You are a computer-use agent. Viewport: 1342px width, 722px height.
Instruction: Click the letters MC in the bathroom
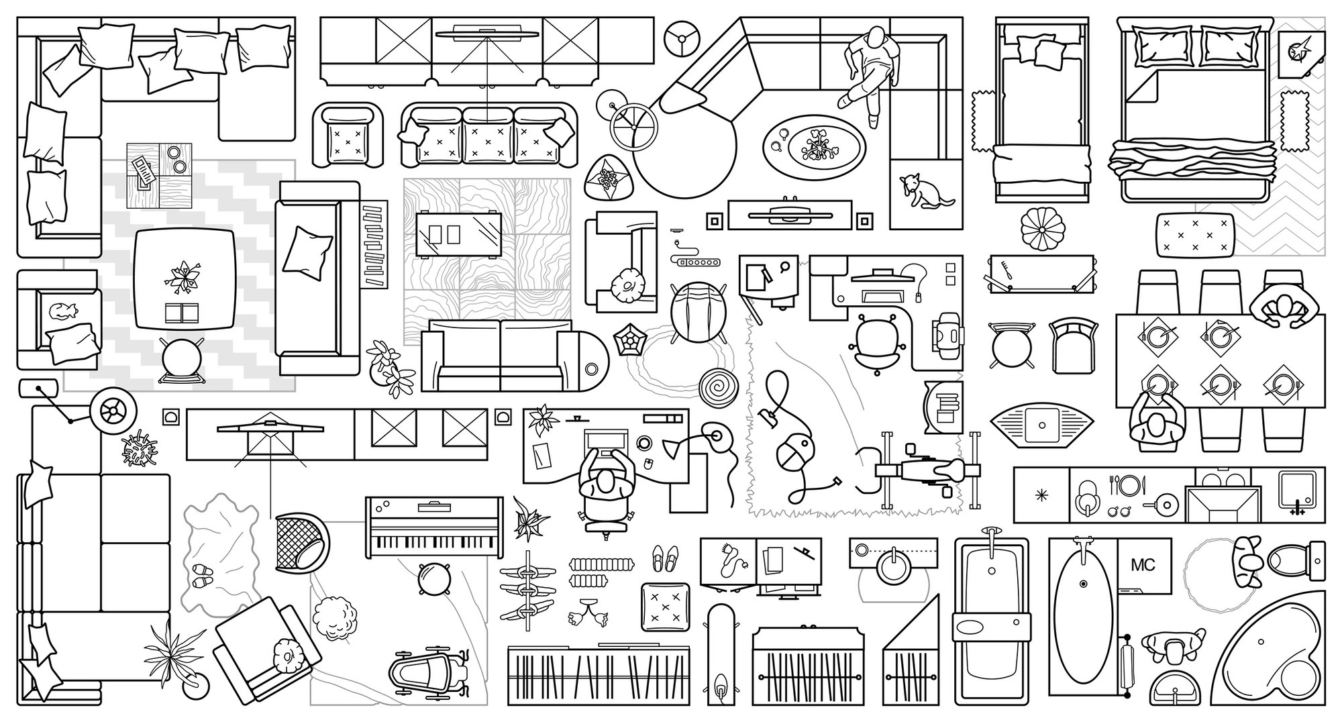coord(1143,565)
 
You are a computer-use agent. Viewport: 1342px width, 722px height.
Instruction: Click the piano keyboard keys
coord(433,541)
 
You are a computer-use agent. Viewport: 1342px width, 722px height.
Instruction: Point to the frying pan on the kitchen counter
coord(1166,505)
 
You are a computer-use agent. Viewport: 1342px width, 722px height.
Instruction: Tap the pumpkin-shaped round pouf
coord(1041,229)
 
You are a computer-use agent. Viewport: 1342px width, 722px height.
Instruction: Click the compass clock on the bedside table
coord(1301,49)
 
